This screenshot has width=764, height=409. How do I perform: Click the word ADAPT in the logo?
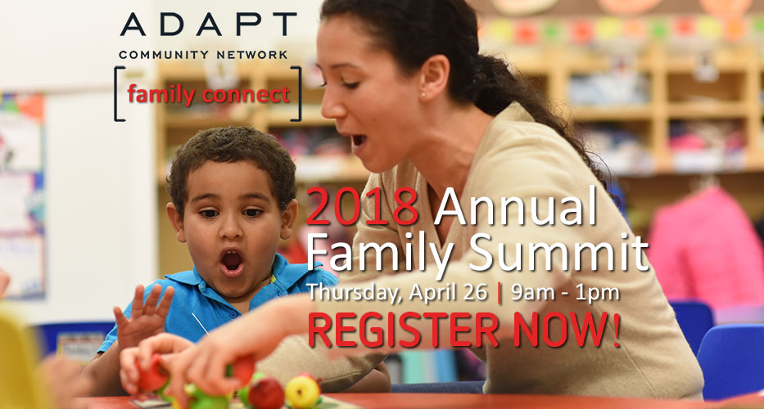(x=208, y=25)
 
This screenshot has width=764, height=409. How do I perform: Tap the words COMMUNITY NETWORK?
(x=203, y=55)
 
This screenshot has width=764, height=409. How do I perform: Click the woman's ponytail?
(x=524, y=90)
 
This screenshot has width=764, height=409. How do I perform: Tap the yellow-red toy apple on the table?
(x=302, y=390)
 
